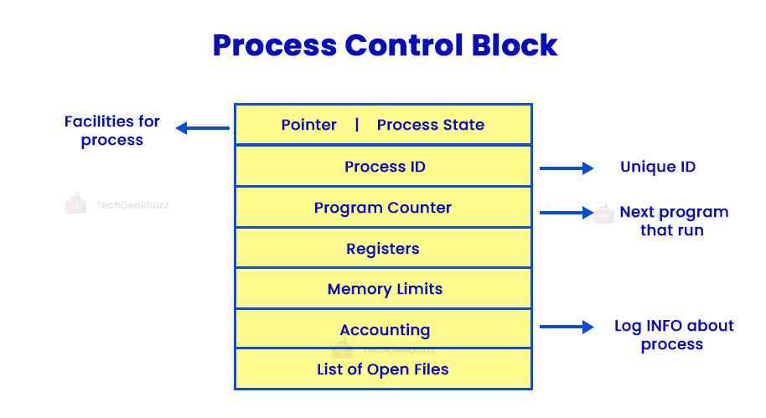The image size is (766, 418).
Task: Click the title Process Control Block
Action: point(385,44)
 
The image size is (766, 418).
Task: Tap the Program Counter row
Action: point(383,208)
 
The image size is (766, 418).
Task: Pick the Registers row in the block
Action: point(383,249)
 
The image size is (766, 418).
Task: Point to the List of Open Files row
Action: point(383,369)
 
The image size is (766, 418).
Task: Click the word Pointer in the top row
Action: point(308,126)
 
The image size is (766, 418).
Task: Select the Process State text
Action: point(431,126)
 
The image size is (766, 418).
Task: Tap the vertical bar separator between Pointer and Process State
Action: point(357,125)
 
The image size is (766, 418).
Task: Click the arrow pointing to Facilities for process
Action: point(202,128)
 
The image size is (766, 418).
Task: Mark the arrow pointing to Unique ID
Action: point(567,168)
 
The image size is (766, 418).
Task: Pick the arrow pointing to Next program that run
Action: point(567,213)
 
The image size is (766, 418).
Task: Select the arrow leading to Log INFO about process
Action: point(567,328)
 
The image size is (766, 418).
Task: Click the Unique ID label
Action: point(658,168)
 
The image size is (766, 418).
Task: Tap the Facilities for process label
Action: point(112,131)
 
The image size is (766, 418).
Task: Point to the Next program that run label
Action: point(673,220)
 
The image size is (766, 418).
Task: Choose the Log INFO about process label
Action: point(673,335)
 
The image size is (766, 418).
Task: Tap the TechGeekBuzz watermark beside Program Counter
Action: point(117,204)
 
